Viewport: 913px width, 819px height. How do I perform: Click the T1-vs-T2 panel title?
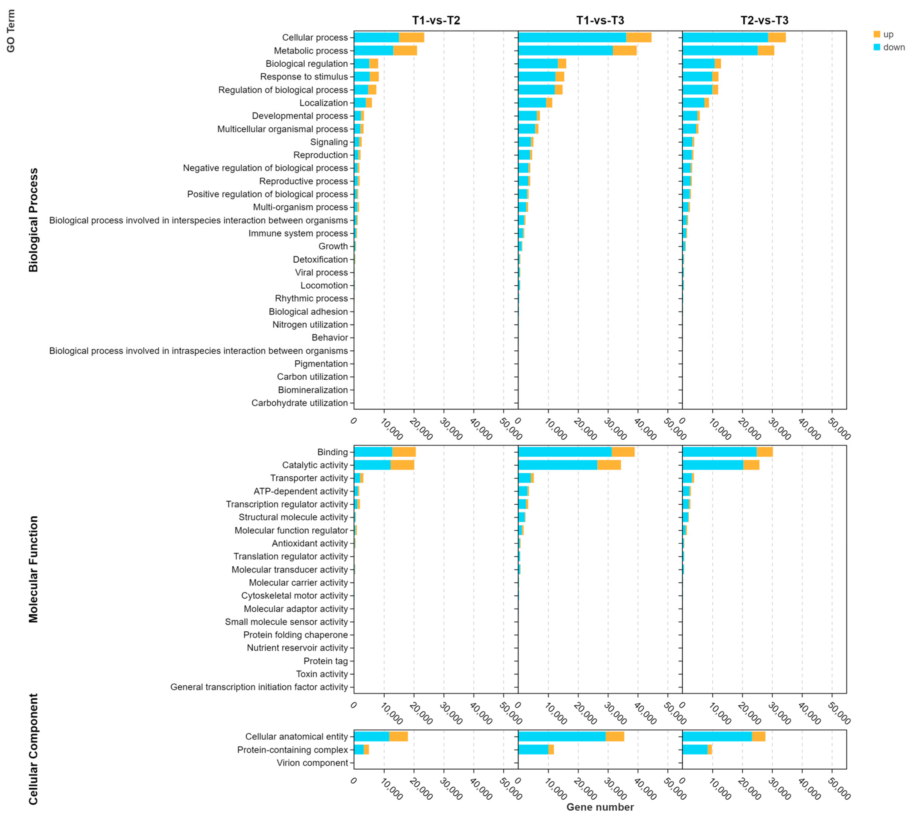436,20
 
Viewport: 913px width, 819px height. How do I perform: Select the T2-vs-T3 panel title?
764,20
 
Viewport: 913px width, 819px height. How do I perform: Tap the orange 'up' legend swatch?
877,34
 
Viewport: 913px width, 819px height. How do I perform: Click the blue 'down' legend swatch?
877,47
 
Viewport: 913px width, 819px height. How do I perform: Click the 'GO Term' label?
11,31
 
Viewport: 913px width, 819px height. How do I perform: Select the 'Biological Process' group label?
33,220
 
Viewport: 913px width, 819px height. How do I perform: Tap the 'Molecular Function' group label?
33,569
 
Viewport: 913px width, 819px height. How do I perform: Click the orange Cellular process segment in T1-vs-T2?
411,37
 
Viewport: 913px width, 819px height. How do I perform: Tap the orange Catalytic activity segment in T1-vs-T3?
609,465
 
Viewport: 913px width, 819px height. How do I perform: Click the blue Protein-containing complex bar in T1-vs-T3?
533,750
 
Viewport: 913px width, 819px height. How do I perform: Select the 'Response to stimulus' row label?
304,77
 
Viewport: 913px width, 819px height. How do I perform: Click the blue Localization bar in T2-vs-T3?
693,103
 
